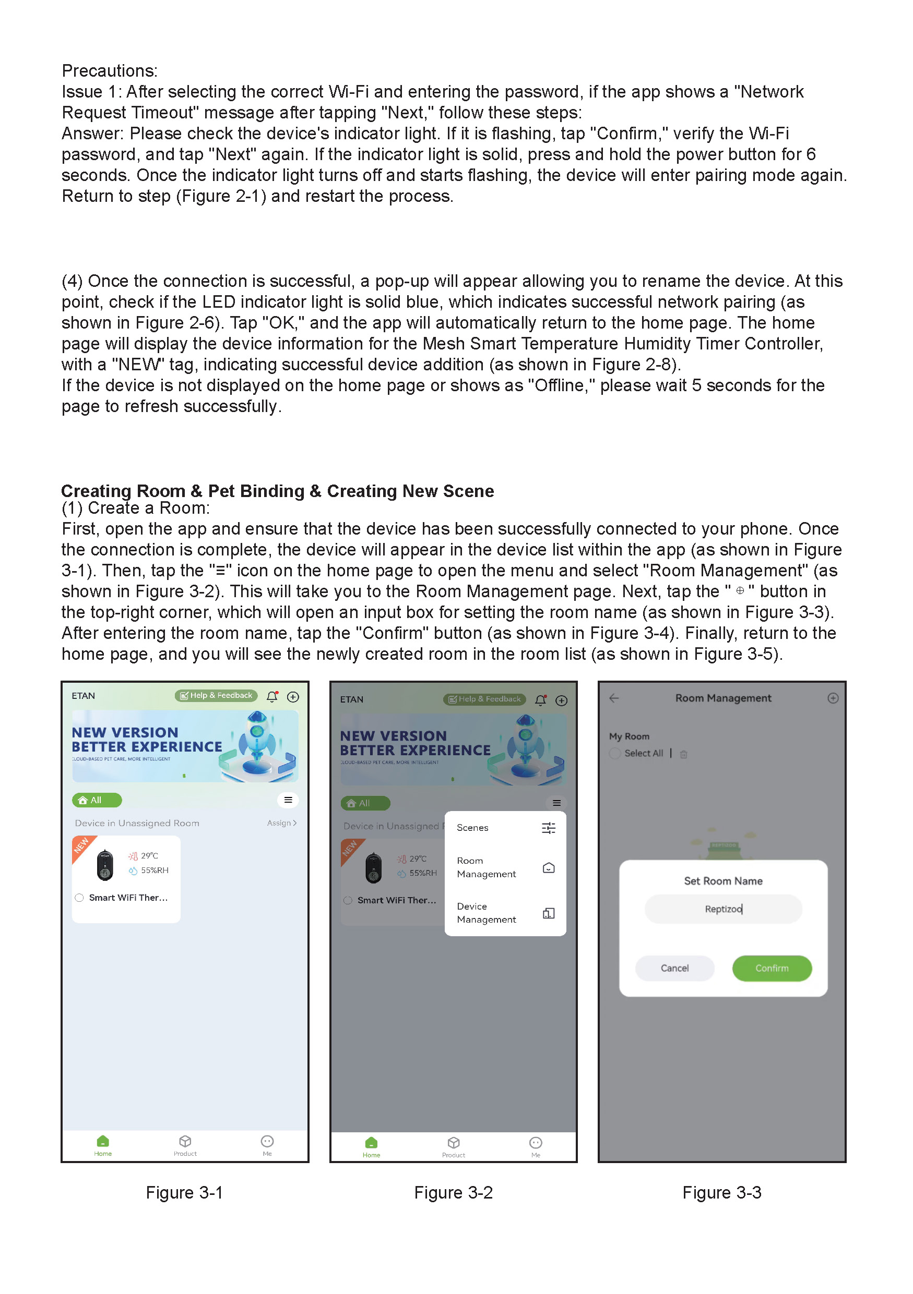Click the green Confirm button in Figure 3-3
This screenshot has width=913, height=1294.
coord(772,968)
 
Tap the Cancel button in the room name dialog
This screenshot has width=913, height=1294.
coord(674,968)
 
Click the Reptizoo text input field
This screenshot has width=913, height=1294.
coord(723,909)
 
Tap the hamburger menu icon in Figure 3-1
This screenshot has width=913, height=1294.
coord(288,800)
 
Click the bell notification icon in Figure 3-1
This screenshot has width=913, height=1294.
coord(272,697)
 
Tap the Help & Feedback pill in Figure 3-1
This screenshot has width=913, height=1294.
coord(216,695)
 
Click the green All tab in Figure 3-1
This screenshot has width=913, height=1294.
coord(97,800)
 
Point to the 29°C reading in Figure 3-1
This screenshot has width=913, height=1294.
coord(149,855)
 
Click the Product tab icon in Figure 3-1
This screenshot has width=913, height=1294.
coord(185,1141)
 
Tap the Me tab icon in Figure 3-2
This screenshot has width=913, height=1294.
coord(535,1142)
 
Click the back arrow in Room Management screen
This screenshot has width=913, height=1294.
coord(614,698)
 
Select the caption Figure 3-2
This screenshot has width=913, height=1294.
coord(454,1193)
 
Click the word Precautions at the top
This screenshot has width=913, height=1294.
coord(110,71)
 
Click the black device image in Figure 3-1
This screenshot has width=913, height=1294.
coord(105,865)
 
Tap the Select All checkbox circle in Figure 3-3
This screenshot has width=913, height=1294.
coord(615,754)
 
